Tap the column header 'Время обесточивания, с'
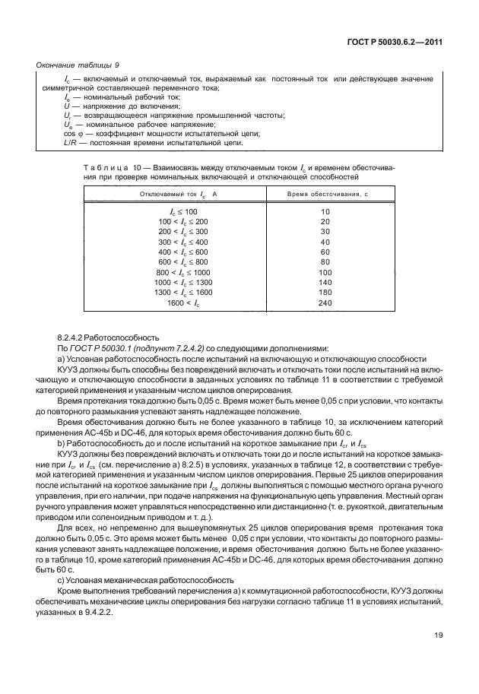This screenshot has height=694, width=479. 325,195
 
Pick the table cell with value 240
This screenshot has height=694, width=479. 325,303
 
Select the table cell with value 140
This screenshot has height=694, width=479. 325,282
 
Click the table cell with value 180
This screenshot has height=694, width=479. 325,293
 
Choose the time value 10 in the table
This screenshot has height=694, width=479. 325,211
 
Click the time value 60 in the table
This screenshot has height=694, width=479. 325,252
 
